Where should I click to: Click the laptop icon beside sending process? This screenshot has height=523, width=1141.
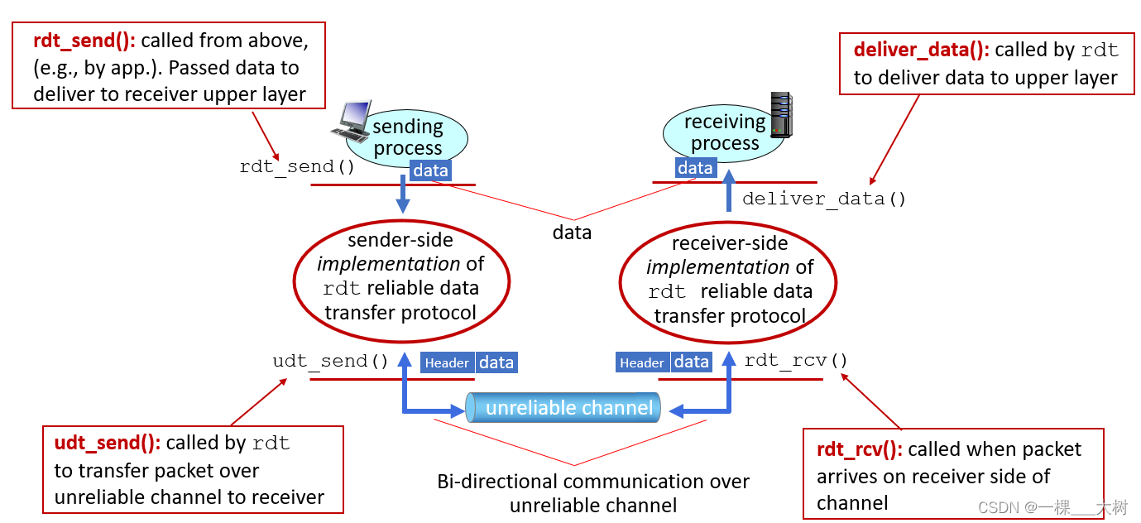click(352, 121)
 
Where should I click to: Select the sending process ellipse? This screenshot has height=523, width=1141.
click(406, 137)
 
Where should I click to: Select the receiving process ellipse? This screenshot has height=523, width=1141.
click(723, 132)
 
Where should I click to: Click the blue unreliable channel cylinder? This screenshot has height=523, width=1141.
click(563, 408)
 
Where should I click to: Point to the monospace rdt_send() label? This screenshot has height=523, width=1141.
click(297, 166)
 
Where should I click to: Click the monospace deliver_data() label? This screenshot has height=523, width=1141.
click(823, 199)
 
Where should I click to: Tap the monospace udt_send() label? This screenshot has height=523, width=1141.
click(330, 362)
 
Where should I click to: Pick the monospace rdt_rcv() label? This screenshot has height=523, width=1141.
click(795, 360)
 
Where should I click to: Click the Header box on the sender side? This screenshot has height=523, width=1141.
click(448, 362)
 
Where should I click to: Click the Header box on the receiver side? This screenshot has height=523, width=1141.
click(642, 362)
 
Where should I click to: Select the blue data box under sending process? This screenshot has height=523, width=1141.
click(430, 170)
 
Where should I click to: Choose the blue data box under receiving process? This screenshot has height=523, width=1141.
click(695, 168)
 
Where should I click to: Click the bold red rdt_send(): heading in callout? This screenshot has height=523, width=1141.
click(84, 41)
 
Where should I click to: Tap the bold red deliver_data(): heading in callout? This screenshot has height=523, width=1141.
click(921, 50)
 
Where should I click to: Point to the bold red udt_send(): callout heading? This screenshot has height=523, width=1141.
click(107, 444)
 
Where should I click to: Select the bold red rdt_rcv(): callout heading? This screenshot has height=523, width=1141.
click(859, 449)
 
